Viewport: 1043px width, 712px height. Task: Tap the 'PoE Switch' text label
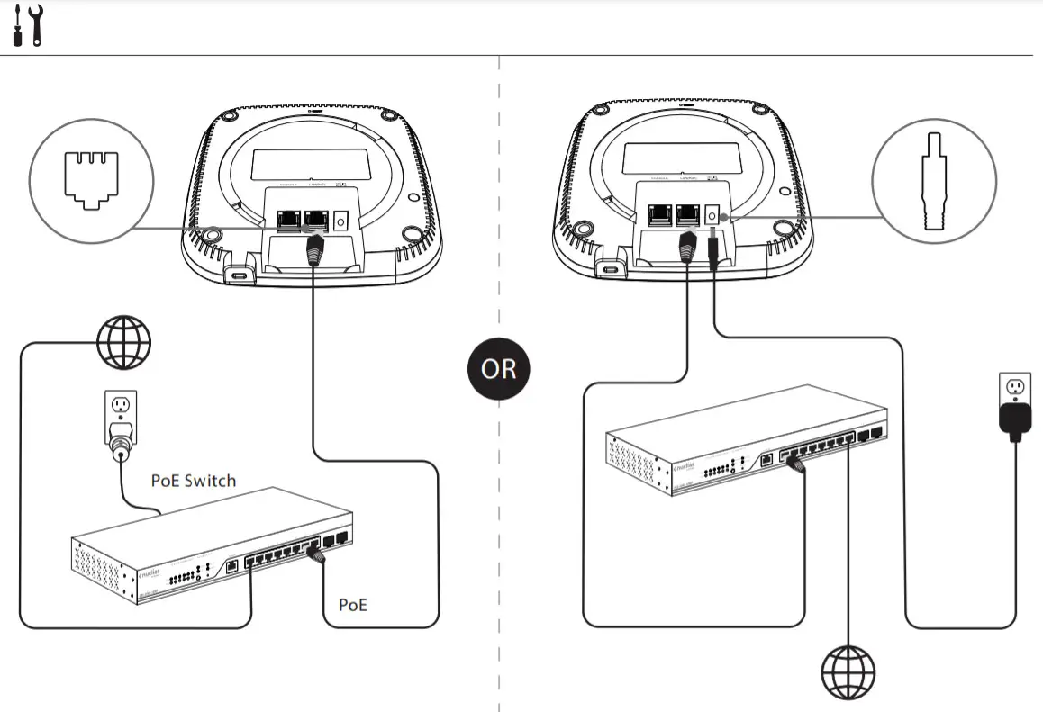193,481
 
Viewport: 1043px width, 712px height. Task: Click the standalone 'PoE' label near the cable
353,604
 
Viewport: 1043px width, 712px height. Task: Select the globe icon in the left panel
123,341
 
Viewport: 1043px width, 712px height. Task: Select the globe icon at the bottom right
848,670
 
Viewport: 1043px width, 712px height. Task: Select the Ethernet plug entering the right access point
688,248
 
